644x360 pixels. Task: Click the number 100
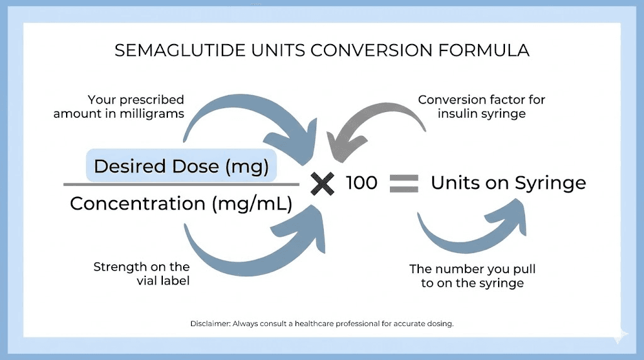coord(362,183)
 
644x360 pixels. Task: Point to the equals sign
coord(404,183)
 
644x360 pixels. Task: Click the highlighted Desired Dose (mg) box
coord(181,166)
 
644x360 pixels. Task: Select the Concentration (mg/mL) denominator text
coord(181,203)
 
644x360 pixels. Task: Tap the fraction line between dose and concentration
coord(181,184)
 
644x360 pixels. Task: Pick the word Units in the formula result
coord(455,183)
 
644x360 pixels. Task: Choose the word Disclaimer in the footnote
coord(211,323)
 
